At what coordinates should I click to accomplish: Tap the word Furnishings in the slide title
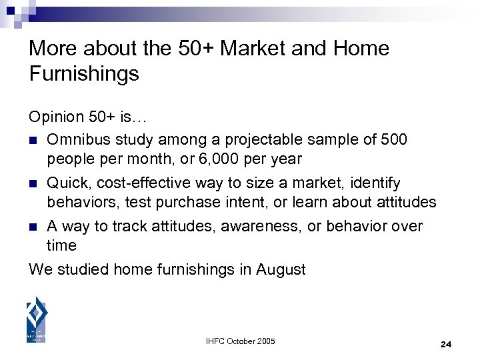point(84,74)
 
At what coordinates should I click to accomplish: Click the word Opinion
point(55,117)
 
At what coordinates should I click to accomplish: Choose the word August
point(281,269)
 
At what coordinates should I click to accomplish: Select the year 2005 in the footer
point(264,342)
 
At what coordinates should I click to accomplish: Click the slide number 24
point(446,344)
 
